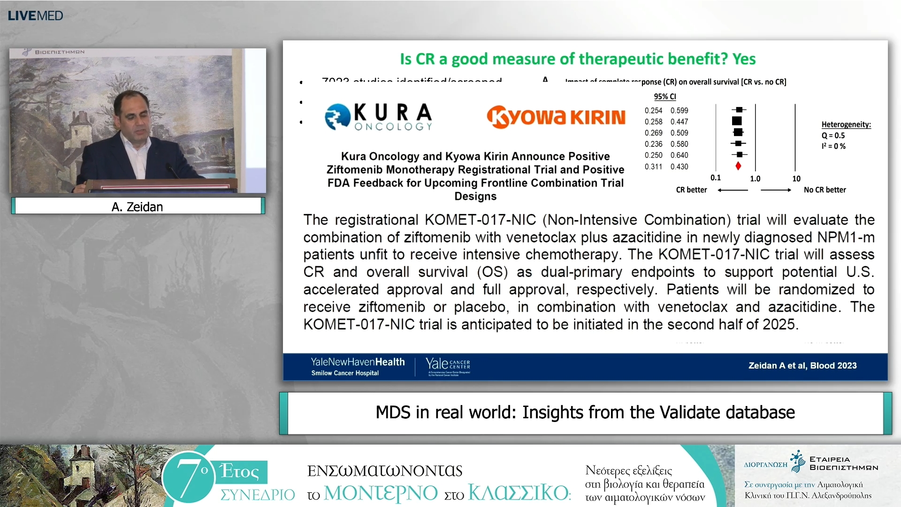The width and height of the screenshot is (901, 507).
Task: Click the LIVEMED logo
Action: [x=35, y=15]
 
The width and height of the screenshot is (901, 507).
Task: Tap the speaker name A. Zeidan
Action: [x=137, y=207]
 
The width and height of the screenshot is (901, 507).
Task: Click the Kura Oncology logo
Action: [x=378, y=116]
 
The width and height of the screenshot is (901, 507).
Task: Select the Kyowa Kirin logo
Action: [x=556, y=117]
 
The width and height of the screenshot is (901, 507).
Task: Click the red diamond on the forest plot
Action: [x=738, y=166]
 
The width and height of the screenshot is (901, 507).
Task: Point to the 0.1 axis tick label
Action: [x=715, y=178]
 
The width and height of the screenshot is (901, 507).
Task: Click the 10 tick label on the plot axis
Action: [x=796, y=179]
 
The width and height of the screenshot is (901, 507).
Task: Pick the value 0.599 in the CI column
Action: [x=679, y=111]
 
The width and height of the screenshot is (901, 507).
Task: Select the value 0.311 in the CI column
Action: [x=653, y=167]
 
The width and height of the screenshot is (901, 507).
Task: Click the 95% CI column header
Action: [x=665, y=97]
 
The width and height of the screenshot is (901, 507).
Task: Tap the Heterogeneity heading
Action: [x=846, y=124]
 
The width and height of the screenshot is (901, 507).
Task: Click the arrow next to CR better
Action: [x=733, y=190]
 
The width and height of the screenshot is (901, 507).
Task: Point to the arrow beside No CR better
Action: [x=776, y=190]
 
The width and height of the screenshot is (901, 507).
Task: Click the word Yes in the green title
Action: [x=744, y=59]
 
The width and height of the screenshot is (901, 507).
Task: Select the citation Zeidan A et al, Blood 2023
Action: [x=802, y=366]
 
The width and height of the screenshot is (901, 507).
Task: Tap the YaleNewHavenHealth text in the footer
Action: [x=358, y=362]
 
